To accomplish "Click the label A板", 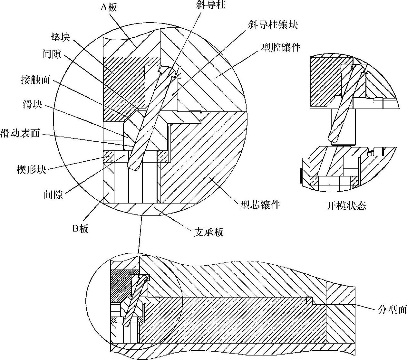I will [x=109, y=7].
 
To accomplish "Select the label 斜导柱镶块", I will [x=273, y=25].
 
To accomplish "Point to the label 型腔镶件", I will [x=281, y=48].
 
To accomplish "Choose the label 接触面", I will [x=35, y=79].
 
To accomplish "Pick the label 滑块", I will [x=32, y=104].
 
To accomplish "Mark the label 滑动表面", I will [x=20, y=133].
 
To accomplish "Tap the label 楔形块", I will [x=31, y=169].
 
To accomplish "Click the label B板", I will [x=80, y=229].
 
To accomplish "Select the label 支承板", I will [x=209, y=232].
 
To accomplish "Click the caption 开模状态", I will [x=346, y=205].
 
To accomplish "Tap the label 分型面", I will [x=392, y=310].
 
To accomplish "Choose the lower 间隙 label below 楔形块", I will [x=53, y=194].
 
